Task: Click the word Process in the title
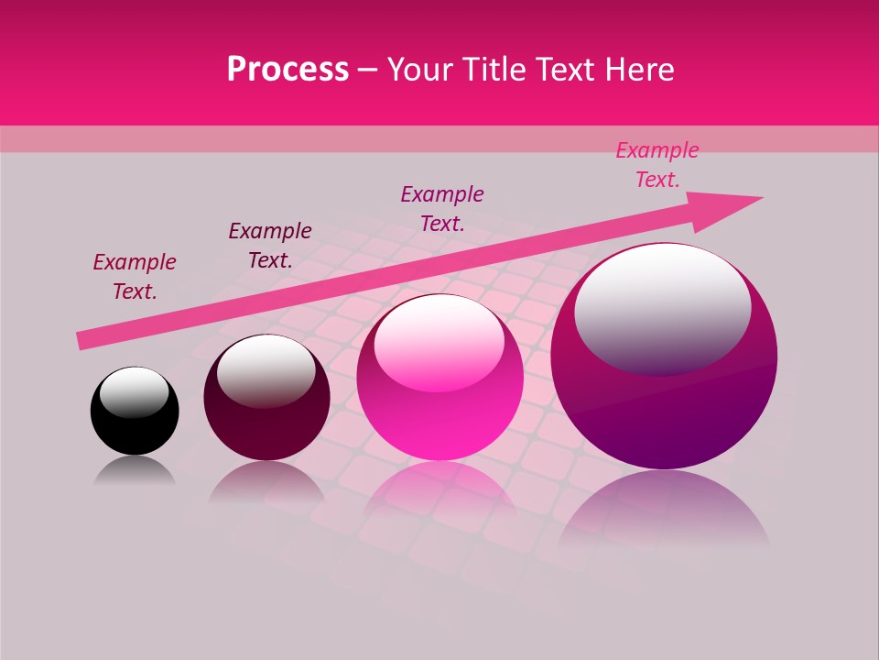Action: click(x=288, y=70)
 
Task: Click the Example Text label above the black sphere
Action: click(x=135, y=277)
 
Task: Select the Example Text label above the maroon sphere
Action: click(x=270, y=246)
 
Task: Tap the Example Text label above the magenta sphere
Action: click(x=442, y=208)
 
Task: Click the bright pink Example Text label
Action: click(x=657, y=165)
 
